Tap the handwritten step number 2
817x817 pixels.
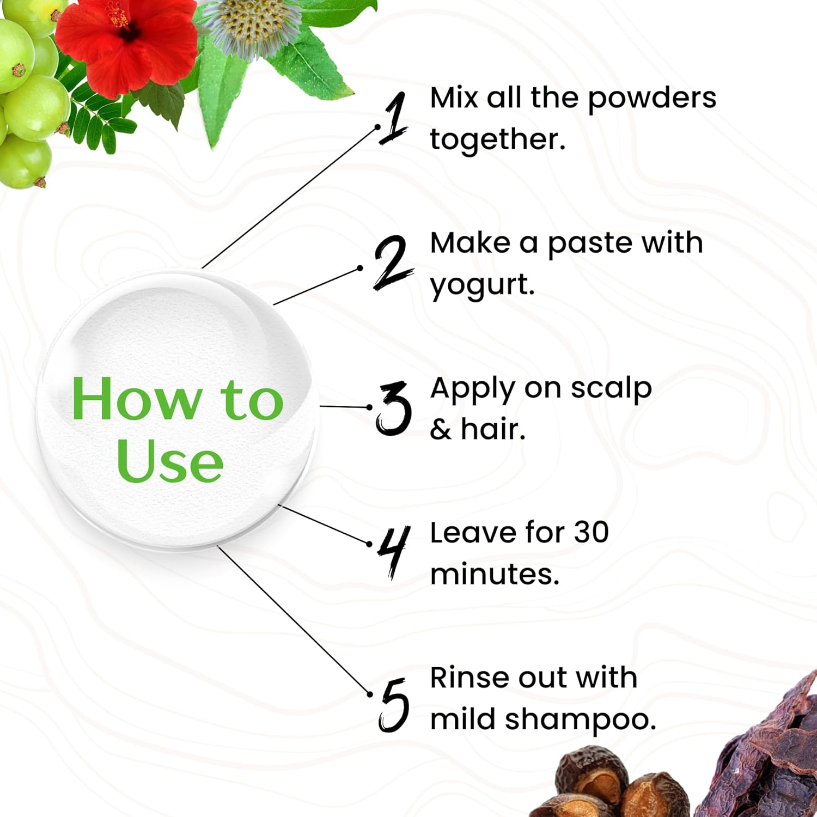393,263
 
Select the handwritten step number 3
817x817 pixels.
393,408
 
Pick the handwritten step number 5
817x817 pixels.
394,705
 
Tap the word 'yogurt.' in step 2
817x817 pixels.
483,285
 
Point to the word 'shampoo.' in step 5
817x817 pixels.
581,720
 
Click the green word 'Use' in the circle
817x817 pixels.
169,461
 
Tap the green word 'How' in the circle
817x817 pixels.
136,400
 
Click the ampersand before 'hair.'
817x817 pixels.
441,430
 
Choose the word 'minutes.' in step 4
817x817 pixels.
495,575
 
